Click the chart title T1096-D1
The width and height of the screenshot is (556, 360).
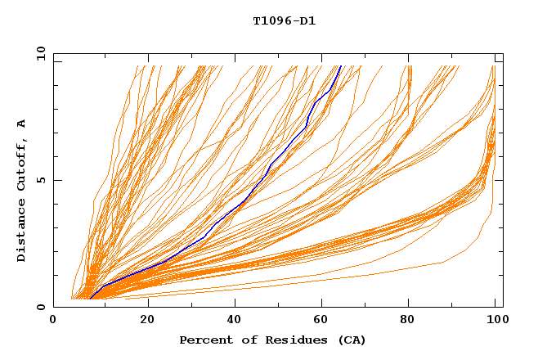click(x=284, y=21)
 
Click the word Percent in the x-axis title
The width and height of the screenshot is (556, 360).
click(x=204, y=340)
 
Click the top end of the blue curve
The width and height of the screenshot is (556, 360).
click(x=340, y=66)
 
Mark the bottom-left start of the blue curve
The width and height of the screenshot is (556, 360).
click(x=90, y=298)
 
